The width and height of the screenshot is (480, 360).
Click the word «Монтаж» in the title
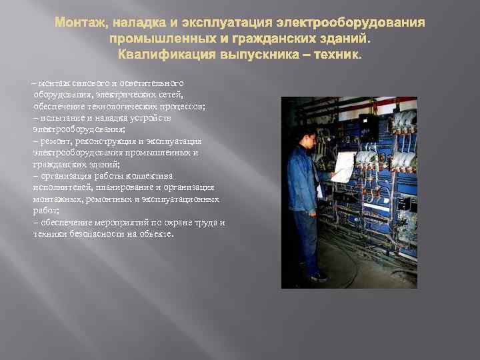coord(79,24)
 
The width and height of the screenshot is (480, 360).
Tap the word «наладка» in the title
coord(141,24)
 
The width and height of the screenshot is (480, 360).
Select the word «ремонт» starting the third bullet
coord(55,142)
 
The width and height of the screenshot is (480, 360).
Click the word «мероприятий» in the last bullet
coord(137,223)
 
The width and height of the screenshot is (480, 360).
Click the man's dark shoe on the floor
coord(319,275)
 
